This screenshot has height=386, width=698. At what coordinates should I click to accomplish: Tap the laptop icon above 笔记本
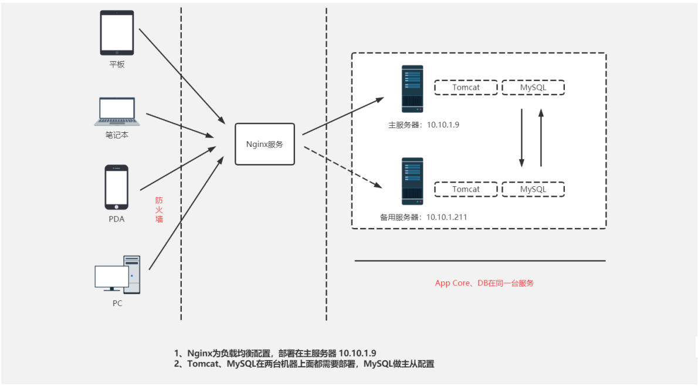point(117,112)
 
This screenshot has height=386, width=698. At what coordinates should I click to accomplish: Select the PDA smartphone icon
point(117,187)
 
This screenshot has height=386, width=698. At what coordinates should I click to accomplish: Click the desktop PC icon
point(118,274)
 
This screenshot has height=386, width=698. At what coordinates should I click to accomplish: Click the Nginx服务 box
point(265,144)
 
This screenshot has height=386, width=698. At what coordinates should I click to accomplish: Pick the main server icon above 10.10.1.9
point(412,89)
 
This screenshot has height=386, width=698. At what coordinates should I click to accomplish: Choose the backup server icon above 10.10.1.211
point(412,181)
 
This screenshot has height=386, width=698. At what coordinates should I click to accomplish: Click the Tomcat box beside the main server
point(466,88)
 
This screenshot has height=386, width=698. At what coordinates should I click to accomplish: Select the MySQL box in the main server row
point(533,88)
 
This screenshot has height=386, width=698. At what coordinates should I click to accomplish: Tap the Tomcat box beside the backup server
point(466,189)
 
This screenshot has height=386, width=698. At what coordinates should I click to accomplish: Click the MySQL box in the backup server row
point(533,189)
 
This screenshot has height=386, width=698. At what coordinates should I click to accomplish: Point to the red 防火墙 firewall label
point(159,210)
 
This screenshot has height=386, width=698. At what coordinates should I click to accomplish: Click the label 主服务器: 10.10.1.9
point(423,125)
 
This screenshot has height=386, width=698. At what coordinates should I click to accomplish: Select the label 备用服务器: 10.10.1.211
point(423,217)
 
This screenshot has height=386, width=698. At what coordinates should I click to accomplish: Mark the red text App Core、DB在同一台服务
point(484,283)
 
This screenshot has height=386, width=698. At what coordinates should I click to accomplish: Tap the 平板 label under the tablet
point(117,65)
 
